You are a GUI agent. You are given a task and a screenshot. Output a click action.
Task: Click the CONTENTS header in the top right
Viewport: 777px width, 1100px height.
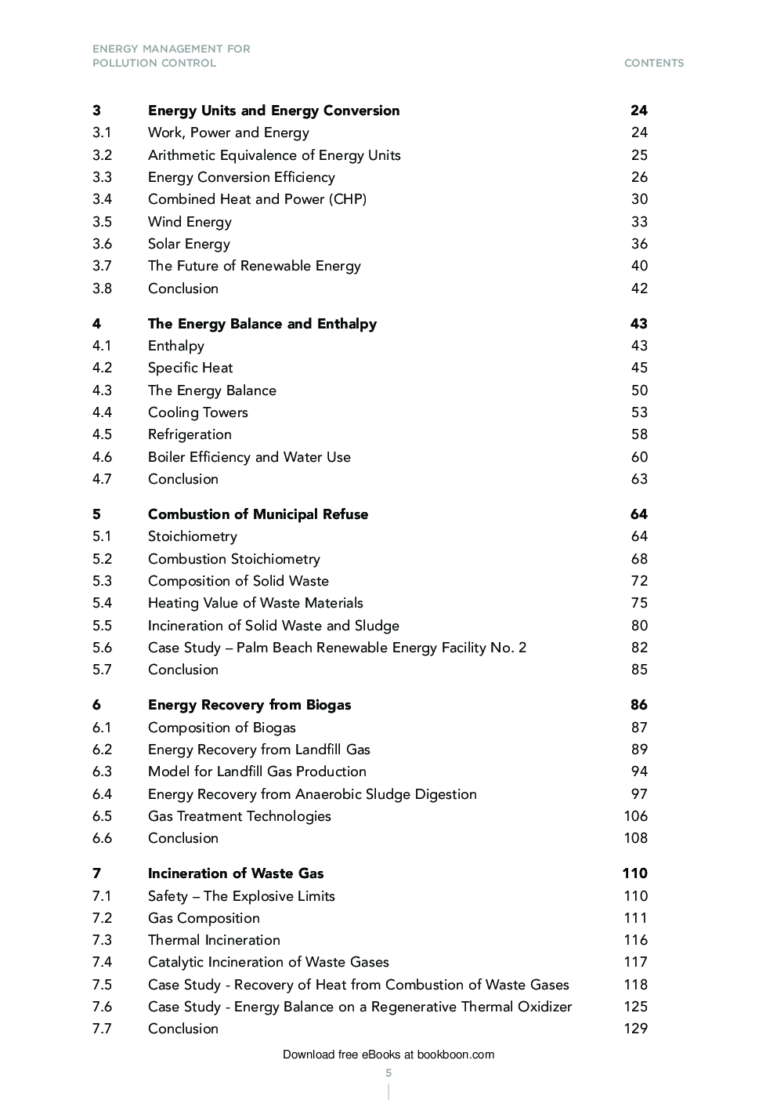653,63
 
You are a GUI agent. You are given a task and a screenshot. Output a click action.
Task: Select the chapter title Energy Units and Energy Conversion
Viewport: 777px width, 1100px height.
273,111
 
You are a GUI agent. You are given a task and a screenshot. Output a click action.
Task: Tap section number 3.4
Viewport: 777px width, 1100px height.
102,199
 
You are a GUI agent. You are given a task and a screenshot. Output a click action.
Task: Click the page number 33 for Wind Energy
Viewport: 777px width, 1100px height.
639,222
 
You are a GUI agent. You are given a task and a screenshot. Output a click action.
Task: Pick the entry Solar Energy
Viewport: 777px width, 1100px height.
189,244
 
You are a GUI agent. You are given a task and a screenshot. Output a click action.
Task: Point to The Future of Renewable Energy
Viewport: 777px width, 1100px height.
254,266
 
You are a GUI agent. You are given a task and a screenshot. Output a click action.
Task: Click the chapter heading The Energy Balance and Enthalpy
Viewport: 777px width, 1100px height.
262,324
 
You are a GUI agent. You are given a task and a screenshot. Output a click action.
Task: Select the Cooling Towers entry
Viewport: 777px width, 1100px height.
197,412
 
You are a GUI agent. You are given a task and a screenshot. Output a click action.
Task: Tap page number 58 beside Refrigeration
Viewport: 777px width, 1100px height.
639,434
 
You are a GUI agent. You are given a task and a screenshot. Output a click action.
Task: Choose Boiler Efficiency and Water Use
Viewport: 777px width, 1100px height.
249,457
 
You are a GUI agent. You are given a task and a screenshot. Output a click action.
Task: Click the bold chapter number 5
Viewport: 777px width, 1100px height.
96,514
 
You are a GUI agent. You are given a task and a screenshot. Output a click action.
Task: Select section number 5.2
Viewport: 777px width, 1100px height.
102,559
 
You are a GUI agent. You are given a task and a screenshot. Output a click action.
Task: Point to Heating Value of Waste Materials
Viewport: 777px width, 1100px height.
255,603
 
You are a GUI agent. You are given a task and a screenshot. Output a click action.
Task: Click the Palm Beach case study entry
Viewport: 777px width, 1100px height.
337,648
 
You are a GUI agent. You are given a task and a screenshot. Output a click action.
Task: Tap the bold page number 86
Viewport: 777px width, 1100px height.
638,705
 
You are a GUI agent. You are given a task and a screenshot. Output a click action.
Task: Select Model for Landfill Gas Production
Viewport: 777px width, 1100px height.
257,771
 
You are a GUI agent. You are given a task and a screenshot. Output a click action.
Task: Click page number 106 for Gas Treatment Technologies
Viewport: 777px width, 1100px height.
635,816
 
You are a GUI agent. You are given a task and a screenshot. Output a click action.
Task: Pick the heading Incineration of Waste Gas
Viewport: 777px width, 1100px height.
235,873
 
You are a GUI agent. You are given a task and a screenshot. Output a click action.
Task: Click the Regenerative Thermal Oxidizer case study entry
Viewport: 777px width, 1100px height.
360,1007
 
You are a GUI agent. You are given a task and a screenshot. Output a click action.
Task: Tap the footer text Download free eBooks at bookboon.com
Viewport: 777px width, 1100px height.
388,1055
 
